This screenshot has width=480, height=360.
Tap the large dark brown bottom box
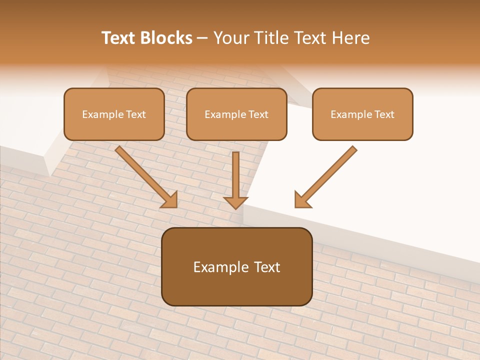(236, 285)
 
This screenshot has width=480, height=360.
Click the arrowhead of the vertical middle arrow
(235, 202)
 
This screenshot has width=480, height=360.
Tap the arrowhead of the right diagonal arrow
(301, 200)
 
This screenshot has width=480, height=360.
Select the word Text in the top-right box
(384, 114)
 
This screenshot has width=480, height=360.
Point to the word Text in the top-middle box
(258, 114)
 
